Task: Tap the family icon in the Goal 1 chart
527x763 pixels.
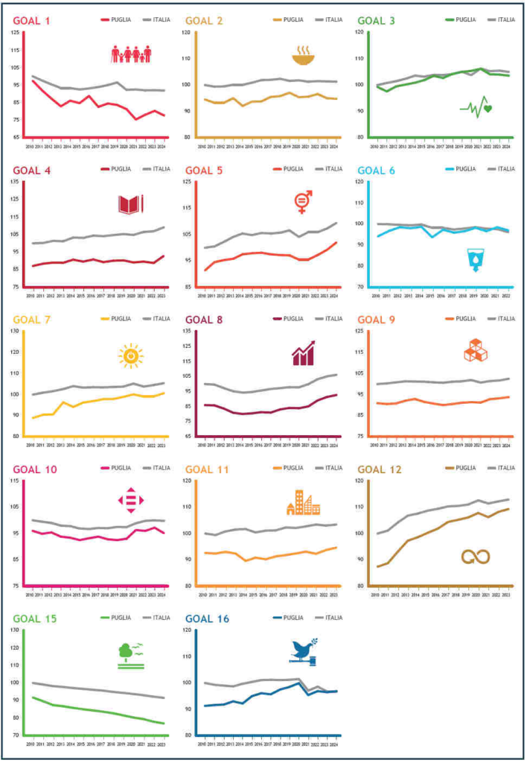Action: (131, 54)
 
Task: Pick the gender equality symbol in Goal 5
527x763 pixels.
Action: (303, 202)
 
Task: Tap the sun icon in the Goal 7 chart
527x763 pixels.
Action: (130, 357)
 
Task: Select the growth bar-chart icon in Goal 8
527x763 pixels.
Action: (303, 353)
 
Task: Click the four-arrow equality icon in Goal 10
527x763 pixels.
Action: (130, 499)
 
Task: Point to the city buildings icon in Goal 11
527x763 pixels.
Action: (303, 503)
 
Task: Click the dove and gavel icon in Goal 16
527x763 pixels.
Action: (304, 650)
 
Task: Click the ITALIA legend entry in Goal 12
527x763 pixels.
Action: (500, 469)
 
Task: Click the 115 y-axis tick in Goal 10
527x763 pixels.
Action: (16, 481)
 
